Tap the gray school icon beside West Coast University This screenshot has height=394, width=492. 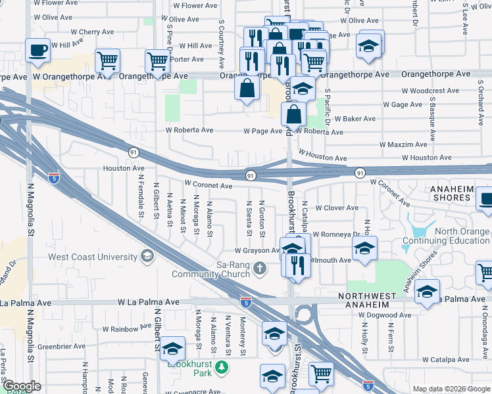click(147, 255)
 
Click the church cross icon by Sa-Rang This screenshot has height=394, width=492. click(260, 267)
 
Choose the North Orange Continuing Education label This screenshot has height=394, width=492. click(453, 236)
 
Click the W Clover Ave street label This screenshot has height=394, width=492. click(337, 208)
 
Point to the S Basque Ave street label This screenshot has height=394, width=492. click(432, 120)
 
